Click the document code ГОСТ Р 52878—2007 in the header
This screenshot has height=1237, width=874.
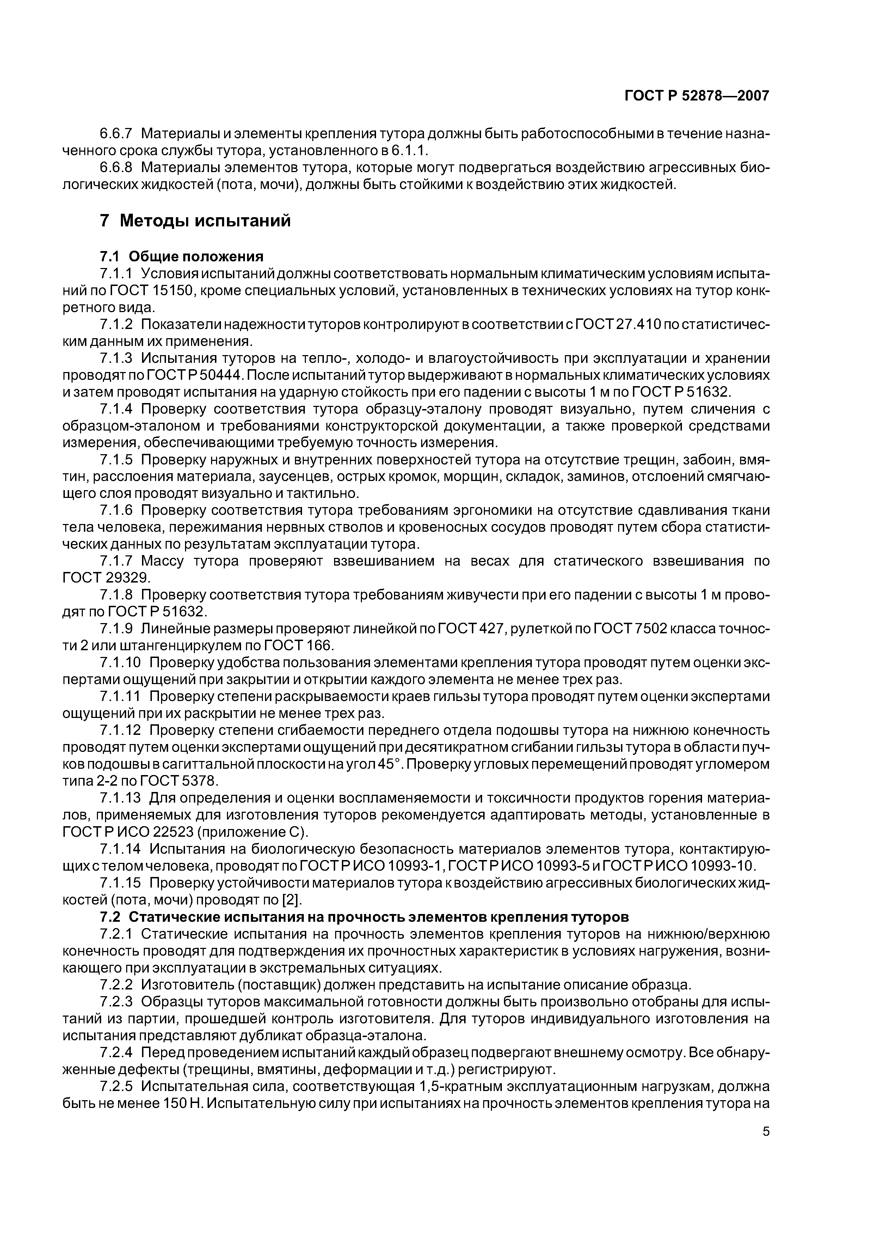click(697, 96)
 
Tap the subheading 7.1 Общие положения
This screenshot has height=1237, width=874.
click(181, 256)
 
